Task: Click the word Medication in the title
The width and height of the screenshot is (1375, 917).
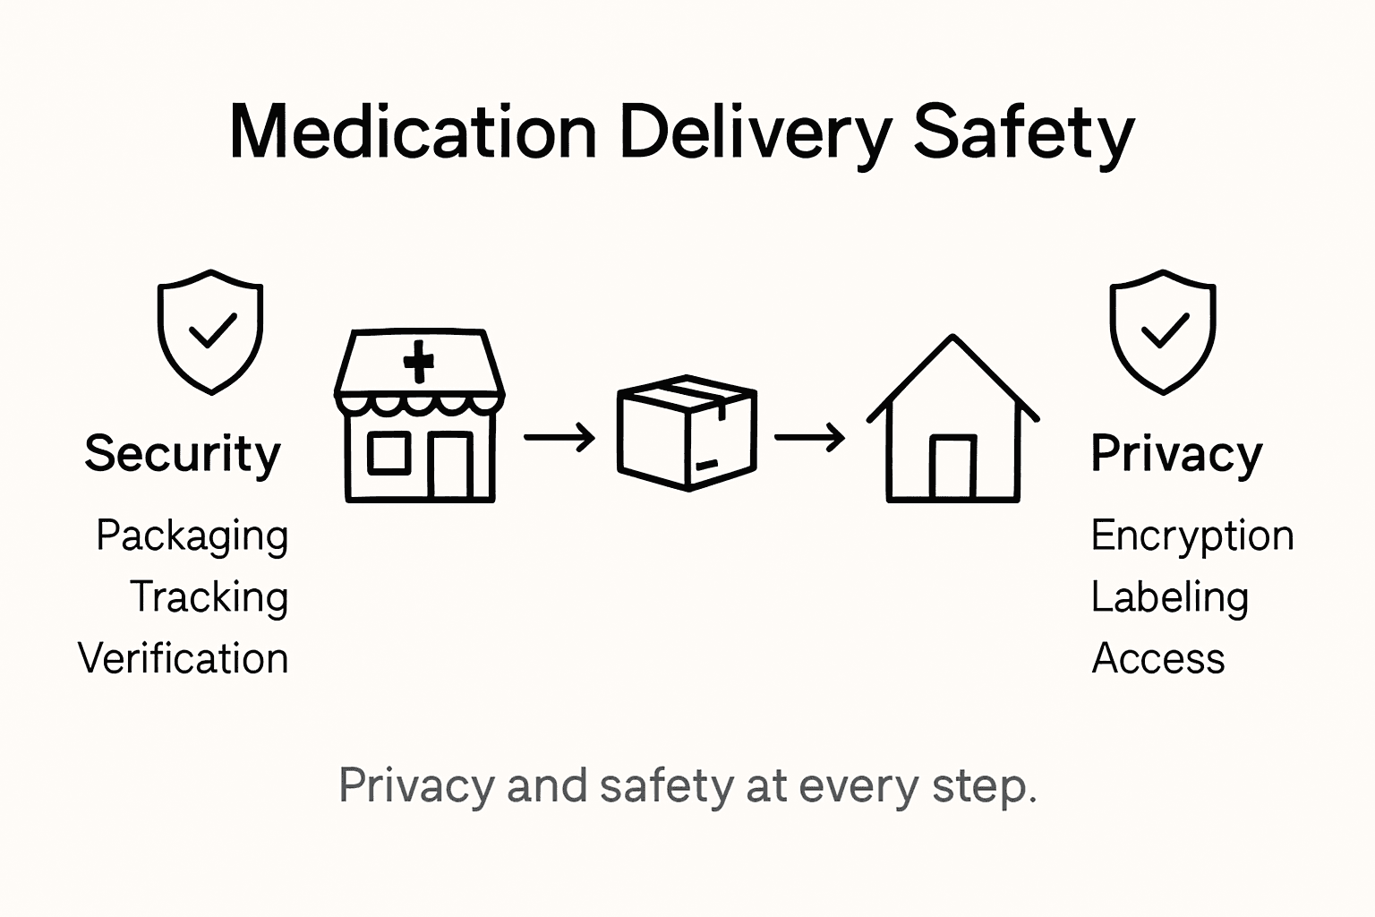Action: pyautogui.click(x=413, y=133)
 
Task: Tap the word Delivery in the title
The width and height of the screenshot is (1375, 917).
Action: pyautogui.click(x=755, y=133)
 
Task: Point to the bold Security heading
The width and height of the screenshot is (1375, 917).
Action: pyautogui.click(x=183, y=454)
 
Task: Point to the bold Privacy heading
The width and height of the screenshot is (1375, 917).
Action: pyautogui.click(x=1175, y=454)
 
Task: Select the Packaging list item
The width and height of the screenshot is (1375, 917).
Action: pyautogui.click(x=192, y=536)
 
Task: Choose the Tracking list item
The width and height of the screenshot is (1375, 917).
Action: pyautogui.click(x=209, y=597)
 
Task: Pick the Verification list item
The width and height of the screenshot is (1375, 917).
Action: pyautogui.click(x=183, y=658)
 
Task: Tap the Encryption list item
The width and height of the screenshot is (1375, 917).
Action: pyautogui.click(x=1191, y=536)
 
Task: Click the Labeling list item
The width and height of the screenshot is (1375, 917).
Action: pyautogui.click(x=1169, y=597)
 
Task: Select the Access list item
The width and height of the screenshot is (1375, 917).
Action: pyautogui.click(x=1157, y=658)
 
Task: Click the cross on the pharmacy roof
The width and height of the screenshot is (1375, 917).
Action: pyautogui.click(x=418, y=362)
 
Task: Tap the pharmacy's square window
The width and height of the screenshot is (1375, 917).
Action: pyautogui.click(x=389, y=452)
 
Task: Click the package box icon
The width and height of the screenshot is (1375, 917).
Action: pyautogui.click(x=687, y=432)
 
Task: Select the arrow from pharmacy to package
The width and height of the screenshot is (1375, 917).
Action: pyautogui.click(x=559, y=438)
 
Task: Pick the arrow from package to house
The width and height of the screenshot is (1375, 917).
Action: pyautogui.click(x=809, y=438)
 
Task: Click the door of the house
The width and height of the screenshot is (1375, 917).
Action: pyautogui.click(x=952, y=467)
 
